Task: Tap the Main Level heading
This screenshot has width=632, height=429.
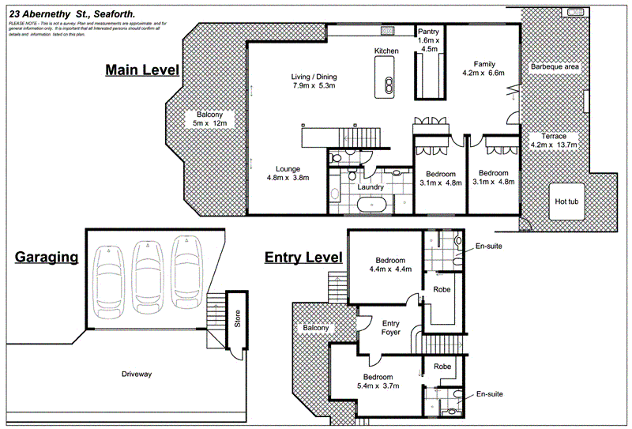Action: (x=142, y=70)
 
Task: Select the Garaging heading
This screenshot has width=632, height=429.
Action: (x=47, y=257)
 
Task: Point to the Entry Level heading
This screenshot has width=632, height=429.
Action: (x=303, y=258)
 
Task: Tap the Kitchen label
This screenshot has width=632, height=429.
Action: (x=386, y=51)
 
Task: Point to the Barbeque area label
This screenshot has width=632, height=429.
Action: (x=555, y=67)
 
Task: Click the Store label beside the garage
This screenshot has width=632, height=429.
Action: (x=236, y=322)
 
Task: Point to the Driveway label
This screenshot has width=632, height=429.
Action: (x=136, y=374)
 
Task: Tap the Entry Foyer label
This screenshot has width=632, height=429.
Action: (x=391, y=327)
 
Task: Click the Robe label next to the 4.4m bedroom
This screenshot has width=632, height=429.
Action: (x=442, y=290)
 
